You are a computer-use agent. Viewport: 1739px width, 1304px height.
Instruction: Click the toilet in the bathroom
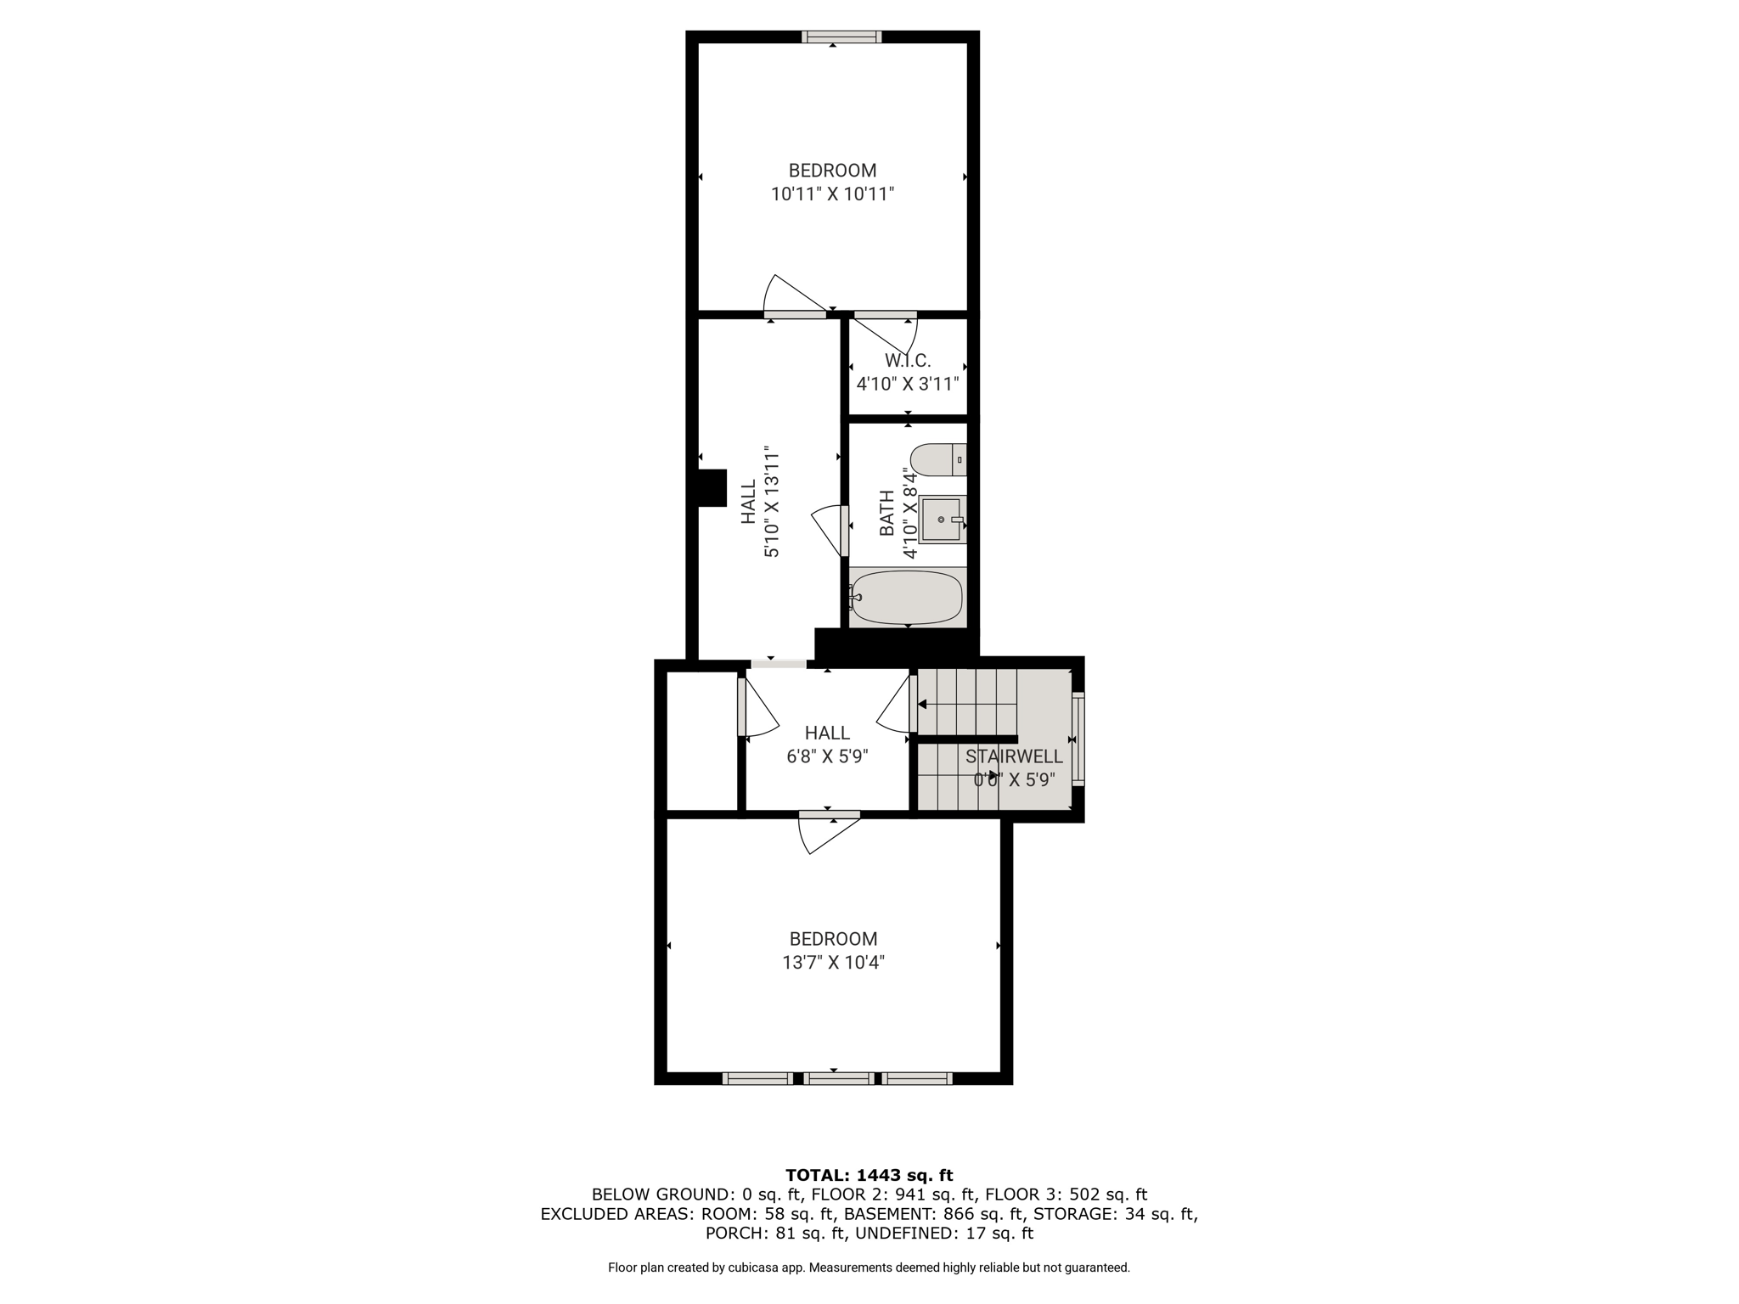(938, 459)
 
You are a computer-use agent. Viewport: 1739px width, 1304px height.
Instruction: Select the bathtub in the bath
(907, 597)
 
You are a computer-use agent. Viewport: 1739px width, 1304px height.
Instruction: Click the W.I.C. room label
(908, 361)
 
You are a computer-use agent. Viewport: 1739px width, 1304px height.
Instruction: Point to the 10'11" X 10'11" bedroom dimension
(832, 194)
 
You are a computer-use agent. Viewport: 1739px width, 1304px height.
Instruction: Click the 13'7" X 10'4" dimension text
(833, 963)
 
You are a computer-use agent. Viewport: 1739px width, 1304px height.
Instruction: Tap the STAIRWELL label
(1014, 756)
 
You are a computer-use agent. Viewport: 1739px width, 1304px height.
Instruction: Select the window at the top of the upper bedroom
(841, 37)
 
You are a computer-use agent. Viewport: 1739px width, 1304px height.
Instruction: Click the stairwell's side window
(1078, 738)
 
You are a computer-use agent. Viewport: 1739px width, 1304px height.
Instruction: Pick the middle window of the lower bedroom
(838, 1078)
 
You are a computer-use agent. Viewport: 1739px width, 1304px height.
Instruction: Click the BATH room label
(886, 513)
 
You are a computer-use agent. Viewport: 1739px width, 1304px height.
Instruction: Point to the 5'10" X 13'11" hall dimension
(771, 502)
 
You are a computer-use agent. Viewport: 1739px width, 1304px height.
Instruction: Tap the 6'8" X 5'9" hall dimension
(827, 756)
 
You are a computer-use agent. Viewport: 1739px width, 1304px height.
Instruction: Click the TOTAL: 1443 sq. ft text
(869, 1175)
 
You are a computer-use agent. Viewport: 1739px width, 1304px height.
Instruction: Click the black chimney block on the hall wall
(712, 488)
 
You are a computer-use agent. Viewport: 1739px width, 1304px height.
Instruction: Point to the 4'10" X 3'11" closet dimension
(908, 384)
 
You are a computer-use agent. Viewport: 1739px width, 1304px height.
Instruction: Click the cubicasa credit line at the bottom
(869, 1267)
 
